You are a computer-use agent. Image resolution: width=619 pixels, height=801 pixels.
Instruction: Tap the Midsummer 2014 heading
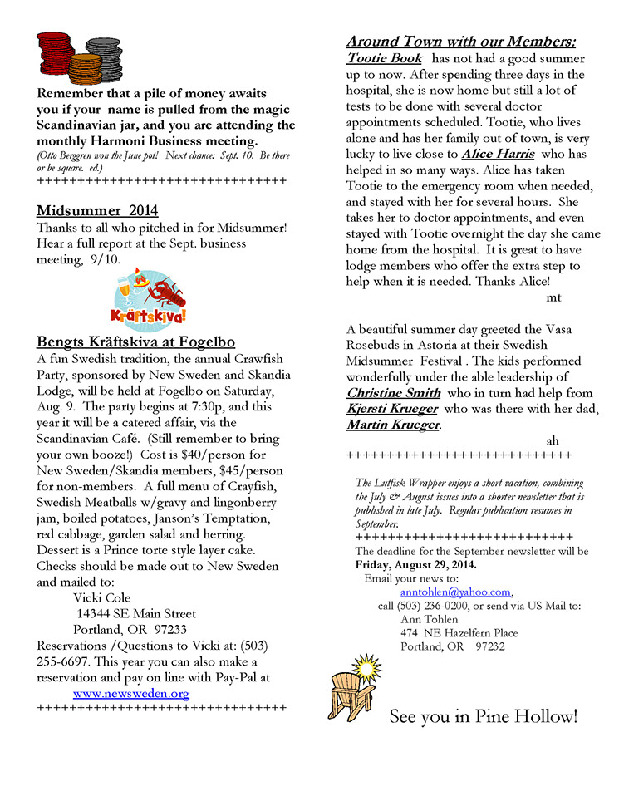pyautogui.click(x=97, y=210)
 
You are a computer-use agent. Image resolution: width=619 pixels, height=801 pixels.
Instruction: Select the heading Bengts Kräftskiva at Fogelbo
pyautogui.click(x=136, y=342)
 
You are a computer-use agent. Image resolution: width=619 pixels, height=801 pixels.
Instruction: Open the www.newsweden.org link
pyautogui.click(x=131, y=693)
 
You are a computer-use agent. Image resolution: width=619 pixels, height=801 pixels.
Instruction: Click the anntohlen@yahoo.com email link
pyautogui.click(x=455, y=592)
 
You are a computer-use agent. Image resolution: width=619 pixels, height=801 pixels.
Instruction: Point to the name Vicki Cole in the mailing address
pyautogui.click(x=102, y=597)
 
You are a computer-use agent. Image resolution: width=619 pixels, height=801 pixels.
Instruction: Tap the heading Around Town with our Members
pyautogui.click(x=461, y=41)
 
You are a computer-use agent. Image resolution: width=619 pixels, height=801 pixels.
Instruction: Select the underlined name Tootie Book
pyautogui.click(x=384, y=59)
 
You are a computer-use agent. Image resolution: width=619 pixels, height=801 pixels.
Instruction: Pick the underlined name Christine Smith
pyautogui.click(x=393, y=392)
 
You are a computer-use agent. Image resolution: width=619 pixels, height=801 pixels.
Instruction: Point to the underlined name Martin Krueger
pyautogui.click(x=393, y=425)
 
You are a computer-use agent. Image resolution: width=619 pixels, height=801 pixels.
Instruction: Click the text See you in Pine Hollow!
pyautogui.click(x=483, y=716)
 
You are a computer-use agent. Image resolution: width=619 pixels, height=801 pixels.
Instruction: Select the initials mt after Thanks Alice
pyautogui.click(x=554, y=297)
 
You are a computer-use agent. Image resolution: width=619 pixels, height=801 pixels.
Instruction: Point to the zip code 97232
pyautogui.click(x=490, y=646)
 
